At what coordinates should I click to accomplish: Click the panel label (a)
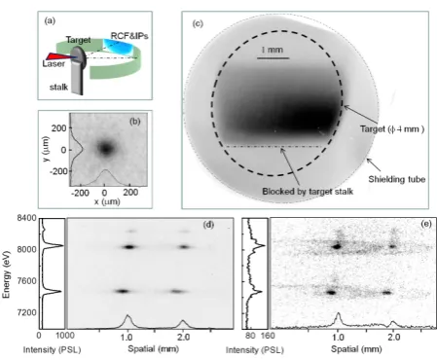coord(50,21)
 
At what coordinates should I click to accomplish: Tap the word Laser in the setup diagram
coord(54,63)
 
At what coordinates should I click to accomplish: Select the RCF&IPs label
coord(129,36)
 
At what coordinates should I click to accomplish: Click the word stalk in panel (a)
coord(58,87)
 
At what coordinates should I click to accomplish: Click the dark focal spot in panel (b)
coord(106,149)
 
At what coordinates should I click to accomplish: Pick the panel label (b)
coord(135,122)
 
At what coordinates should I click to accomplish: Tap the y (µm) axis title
coord(46,149)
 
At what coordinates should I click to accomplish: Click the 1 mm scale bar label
coord(273,50)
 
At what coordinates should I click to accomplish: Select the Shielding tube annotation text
coord(396,179)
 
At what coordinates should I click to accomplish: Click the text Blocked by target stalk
coord(308,192)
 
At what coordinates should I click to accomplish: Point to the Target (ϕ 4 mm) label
coord(392,129)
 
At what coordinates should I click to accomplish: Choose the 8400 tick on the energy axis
coord(26,218)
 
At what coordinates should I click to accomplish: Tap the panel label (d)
coord(208,225)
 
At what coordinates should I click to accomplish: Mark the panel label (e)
coord(425,224)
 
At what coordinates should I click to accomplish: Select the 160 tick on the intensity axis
coord(268,336)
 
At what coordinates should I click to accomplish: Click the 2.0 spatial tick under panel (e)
coord(393,338)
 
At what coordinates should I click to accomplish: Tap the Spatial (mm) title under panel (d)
coord(154,349)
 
